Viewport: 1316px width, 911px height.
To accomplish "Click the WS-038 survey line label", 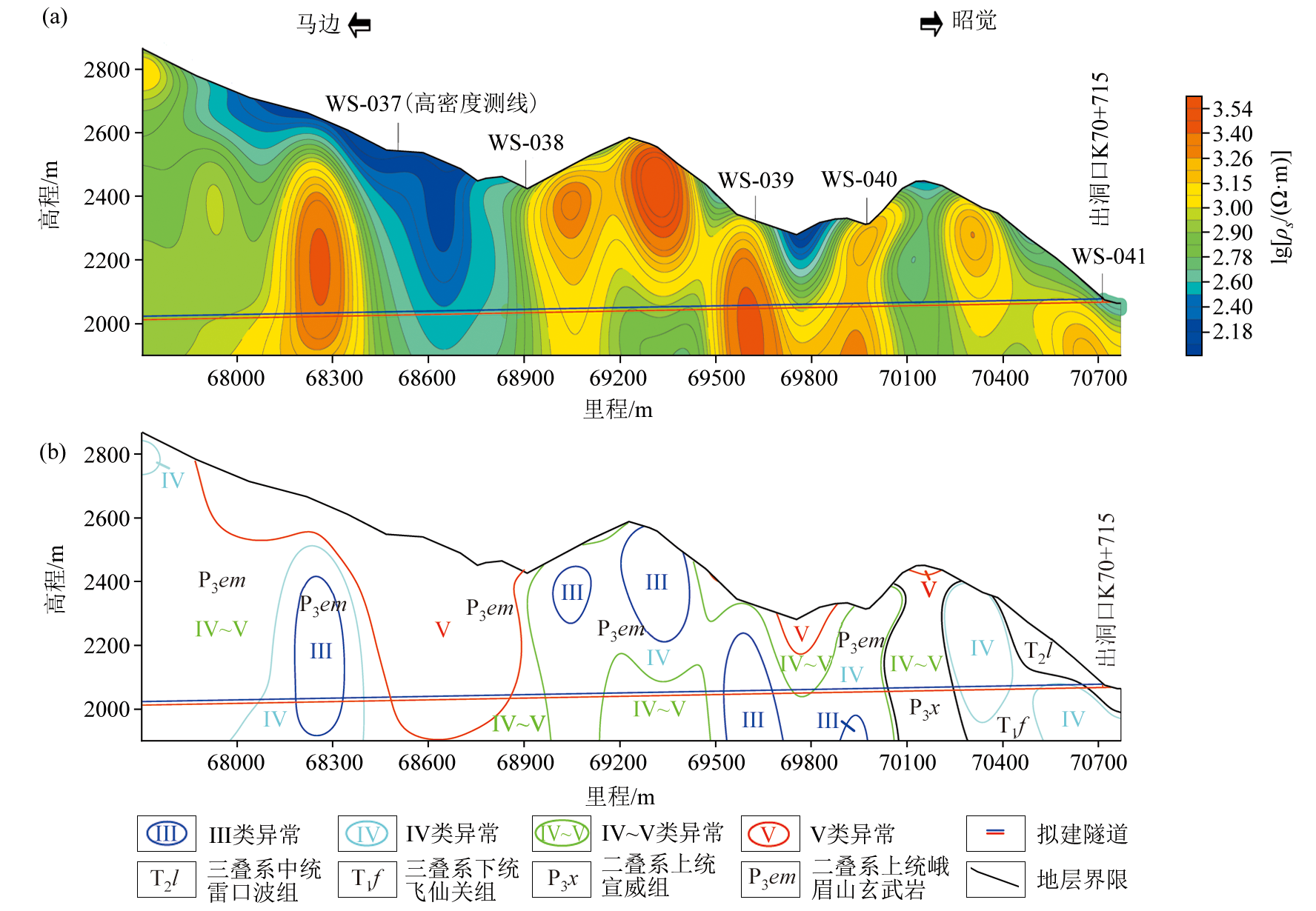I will pos(525,142).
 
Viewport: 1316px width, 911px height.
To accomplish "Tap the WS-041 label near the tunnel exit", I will pos(1109,256).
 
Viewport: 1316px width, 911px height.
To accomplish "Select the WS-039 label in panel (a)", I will pos(755,180).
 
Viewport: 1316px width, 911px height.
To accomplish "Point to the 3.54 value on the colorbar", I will pos(1232,109).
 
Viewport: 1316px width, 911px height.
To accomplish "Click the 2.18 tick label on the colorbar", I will pos(1232,331).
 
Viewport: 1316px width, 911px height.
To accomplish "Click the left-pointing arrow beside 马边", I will pos(359,25).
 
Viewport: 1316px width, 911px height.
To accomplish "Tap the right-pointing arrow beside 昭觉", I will pos(931,24).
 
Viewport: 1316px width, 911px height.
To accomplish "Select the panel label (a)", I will pos(54,16).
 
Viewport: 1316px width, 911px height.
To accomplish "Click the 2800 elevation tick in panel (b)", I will pos(107,455).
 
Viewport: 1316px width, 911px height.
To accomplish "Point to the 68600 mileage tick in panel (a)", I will pos(427,378).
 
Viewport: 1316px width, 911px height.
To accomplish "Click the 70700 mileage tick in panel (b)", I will pos(1098,762).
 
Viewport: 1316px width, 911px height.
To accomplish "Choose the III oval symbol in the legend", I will pos(166,834).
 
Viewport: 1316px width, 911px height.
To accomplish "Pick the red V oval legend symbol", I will pos(769,834).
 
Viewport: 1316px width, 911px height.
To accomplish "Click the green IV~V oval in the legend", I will pos(561,834).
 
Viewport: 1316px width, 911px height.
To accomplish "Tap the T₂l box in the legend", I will pos(166,879).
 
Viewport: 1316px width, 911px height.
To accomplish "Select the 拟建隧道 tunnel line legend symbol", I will pos(995,833).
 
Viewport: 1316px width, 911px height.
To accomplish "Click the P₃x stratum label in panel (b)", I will pos(924,709).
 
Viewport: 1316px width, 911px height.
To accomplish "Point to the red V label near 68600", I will pos(442,630).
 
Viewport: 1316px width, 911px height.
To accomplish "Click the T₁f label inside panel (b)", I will pos(1012,726).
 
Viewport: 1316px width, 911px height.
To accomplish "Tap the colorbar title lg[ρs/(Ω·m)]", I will pos(1280,207).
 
